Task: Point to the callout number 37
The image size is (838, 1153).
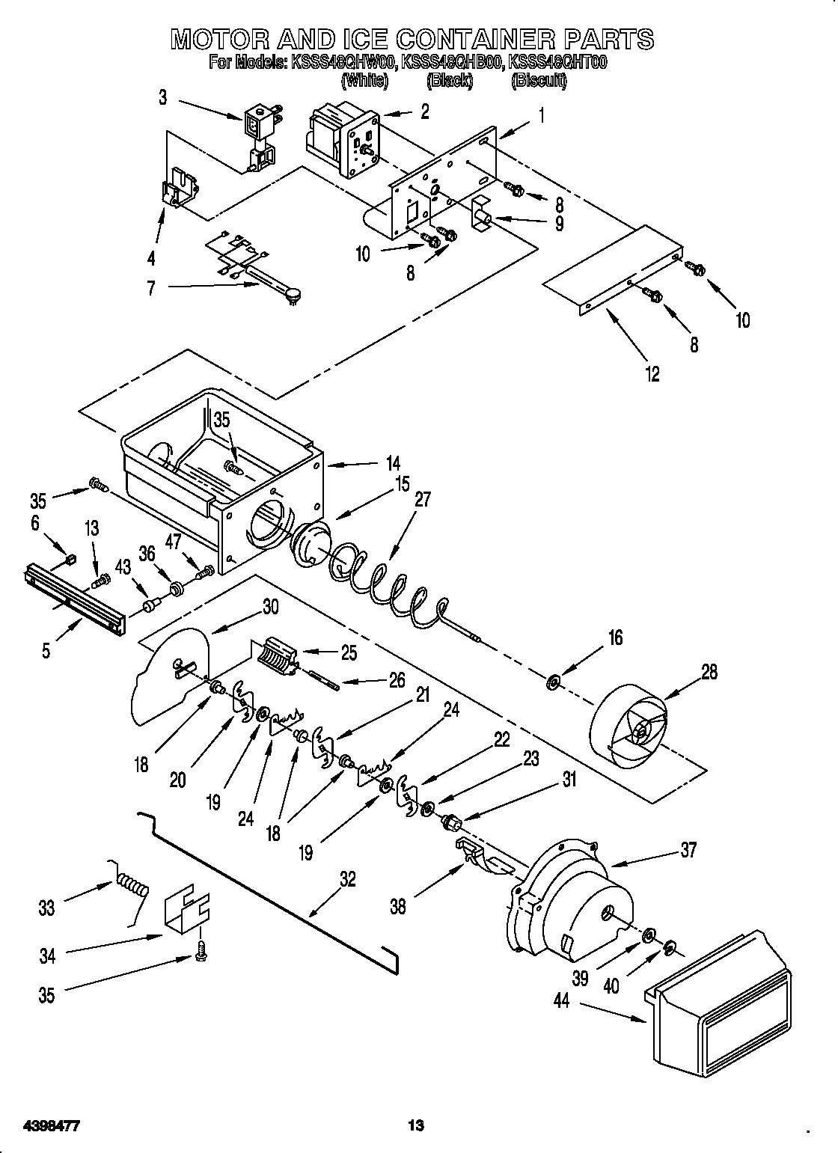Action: [x=688, y=849]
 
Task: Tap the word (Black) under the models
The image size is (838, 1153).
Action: [x=449, y=81]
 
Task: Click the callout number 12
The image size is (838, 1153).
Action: [x=652, y=374]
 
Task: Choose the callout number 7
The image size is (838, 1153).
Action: [x=151, y=288]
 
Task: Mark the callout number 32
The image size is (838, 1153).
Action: [x=347, y=879]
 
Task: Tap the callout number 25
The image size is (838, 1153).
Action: [x=349, y=652]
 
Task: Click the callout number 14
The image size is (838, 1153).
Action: [x=392, y=462]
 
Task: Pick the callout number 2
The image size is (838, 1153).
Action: [x=424, y=112]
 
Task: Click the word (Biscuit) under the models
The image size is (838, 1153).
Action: [x=539, y=81]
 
